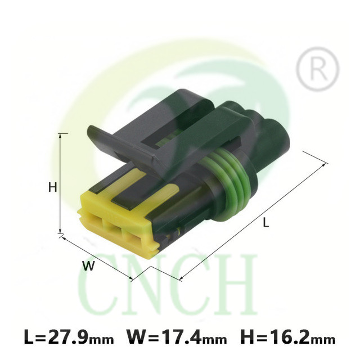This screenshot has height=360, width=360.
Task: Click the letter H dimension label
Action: [x=52, y=188]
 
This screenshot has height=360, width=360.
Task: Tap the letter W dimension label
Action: [x=88, y=266]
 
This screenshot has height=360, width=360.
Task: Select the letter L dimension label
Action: [x=265, y=223]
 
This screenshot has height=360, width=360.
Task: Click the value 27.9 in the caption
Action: [x=68, y=336]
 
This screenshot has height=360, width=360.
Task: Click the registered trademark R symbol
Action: [x=317, y=69]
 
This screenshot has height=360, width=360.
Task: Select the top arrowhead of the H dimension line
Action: [x=60, y=136]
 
